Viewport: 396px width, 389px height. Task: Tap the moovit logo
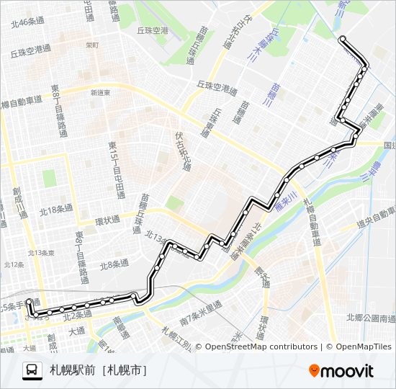(x=341, y=371)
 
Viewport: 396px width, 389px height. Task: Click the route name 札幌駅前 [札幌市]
(x=99, y=371)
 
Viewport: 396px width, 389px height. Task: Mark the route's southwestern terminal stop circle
(x=29, y=302)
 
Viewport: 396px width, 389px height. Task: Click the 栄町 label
(x=91, y=44)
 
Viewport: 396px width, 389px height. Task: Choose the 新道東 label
(x=100, y=92)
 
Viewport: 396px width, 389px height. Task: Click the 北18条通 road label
(x=56, y=210)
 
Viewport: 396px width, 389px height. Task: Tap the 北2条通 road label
(x=80, y=315)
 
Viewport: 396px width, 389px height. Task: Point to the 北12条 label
(x=14, y=264)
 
